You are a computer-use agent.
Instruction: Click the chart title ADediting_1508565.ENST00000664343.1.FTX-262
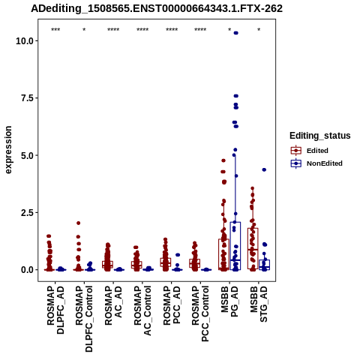157,9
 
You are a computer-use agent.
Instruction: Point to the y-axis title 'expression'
8,150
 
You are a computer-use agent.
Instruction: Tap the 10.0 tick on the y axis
25,40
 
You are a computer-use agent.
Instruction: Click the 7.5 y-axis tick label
28,98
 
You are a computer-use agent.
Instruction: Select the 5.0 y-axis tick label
28,155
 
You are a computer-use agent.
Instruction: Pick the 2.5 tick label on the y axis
28,212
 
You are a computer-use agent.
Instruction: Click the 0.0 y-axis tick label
28,270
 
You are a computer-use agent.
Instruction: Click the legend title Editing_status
320,136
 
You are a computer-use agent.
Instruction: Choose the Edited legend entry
310,151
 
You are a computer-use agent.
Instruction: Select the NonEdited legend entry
316,163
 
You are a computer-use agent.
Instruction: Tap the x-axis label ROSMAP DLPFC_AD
55,310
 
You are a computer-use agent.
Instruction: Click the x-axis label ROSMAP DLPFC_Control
84,319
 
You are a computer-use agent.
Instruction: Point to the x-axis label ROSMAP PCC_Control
200,314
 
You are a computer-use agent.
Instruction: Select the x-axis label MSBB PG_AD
229,301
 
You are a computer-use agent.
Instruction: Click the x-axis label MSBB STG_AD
259,304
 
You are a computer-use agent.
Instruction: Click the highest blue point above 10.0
235,33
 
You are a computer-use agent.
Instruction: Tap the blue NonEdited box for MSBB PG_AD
235,246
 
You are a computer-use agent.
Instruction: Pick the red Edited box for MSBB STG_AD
253,248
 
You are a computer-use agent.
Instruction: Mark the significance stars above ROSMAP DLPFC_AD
55,30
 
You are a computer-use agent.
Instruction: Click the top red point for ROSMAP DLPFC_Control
79,223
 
